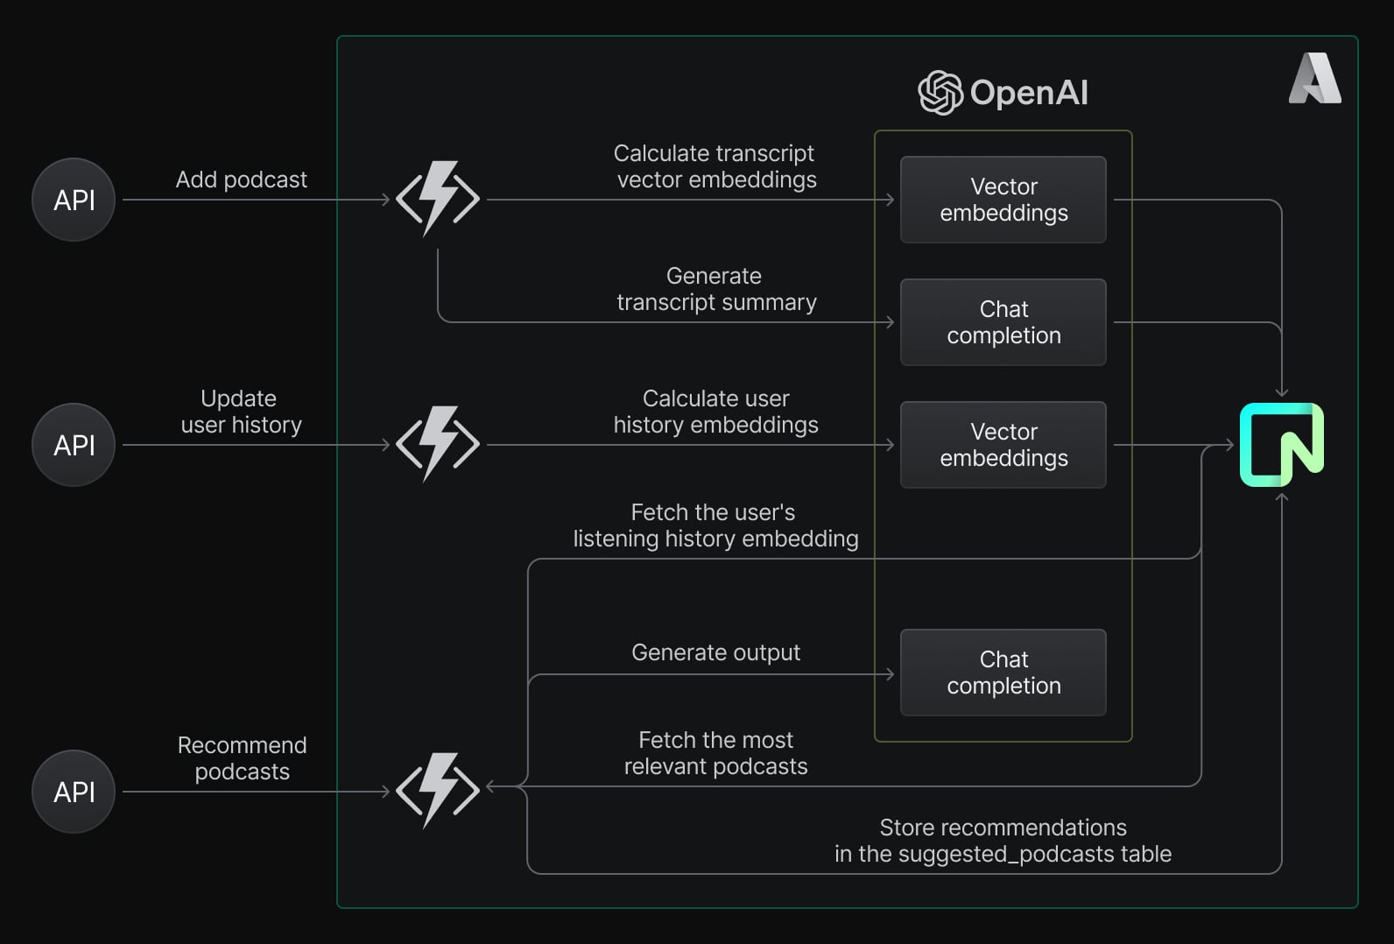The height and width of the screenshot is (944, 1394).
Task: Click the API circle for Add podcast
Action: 74,200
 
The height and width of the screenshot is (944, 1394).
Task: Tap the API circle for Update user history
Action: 74,445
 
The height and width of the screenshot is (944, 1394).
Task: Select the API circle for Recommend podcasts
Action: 74,792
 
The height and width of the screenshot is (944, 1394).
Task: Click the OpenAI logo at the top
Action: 1003,93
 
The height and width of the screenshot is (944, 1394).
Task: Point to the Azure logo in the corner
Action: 1314,79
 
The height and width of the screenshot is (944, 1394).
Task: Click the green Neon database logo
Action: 1281,445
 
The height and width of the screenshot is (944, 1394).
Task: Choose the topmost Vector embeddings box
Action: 1003,200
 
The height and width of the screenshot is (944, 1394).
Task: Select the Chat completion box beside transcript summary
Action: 1003,322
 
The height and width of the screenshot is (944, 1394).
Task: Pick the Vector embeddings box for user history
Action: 1003,445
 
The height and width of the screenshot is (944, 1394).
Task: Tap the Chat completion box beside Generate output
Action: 1003,673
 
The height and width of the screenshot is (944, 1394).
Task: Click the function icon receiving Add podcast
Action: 438,199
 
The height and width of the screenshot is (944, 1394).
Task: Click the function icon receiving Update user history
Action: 438,444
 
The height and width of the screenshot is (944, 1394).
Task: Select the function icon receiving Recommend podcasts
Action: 438,791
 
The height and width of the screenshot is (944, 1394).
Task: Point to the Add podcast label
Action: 241,180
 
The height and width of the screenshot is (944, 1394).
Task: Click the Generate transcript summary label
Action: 716,289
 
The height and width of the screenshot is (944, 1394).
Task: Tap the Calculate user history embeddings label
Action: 716,412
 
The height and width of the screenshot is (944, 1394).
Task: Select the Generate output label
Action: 715,652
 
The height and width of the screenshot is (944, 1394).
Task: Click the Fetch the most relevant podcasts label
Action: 715,753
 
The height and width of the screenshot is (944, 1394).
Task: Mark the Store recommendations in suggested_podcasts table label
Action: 1003,841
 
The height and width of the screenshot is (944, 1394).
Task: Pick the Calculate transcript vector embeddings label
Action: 715,166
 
